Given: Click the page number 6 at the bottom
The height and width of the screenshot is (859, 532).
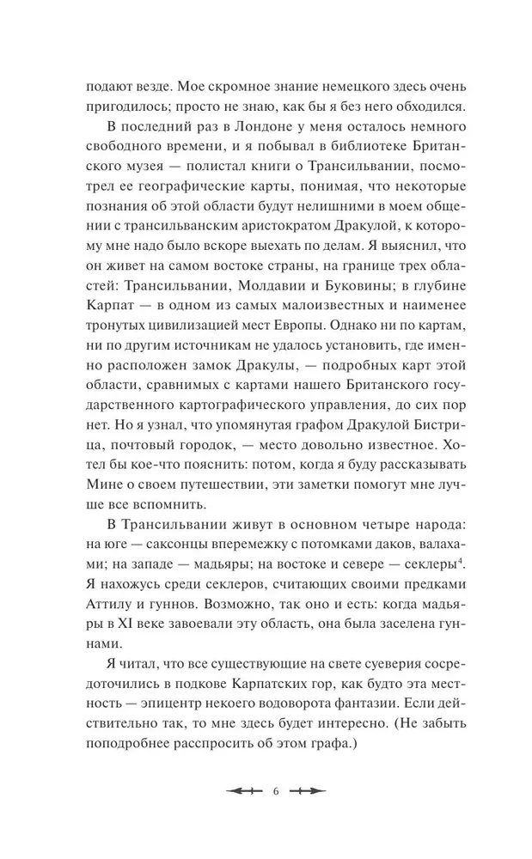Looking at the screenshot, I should tap(266, 791).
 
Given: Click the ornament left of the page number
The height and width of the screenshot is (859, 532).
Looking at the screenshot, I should tap(242, 791).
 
